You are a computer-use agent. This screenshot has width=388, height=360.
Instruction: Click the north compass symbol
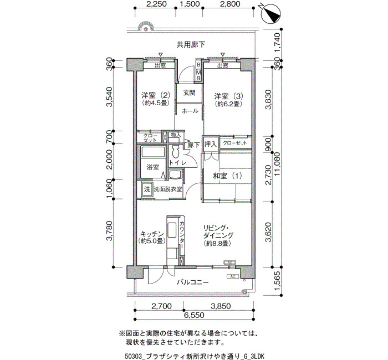tap(271, 14)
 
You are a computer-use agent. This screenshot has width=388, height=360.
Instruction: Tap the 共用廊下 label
tap(191, 44)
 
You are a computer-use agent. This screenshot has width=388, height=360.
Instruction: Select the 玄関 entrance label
tap(190, 92)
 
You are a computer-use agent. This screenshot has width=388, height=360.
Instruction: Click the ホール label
tap(190, 111)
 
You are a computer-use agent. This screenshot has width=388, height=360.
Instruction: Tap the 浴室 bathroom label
tap(152, 167)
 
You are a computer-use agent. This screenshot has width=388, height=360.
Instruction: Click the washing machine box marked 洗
tap(147, 189)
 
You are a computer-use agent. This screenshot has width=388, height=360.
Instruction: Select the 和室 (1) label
tap(227, 176)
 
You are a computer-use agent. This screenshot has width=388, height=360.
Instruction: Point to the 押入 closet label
tap(211, 144)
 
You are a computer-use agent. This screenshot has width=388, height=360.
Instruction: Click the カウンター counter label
tap(182, 235)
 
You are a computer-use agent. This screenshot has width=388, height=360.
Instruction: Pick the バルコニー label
tap(192, 282)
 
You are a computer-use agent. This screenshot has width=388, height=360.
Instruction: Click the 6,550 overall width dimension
tap(194, 315)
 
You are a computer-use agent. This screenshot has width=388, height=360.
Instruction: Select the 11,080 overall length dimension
tap(277, 164)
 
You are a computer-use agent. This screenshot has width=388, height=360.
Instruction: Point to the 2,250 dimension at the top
tap(156, 4)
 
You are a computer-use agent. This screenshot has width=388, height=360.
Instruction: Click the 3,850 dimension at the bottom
tap(221, 306)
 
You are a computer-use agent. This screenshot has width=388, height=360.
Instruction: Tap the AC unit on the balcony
tap(233, 276)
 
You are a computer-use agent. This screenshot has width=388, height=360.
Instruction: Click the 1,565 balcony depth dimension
tap(277, 281)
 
